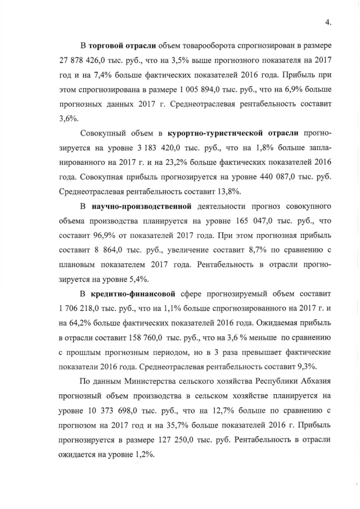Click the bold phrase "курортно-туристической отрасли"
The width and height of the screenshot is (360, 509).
point(233,134)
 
